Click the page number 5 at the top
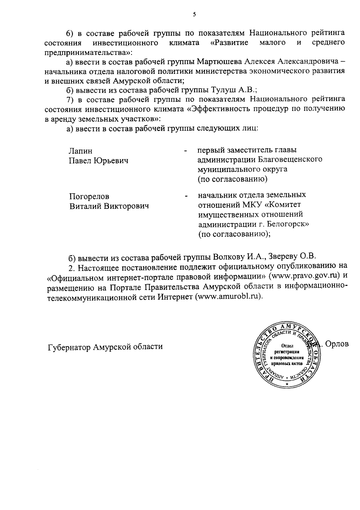[x=194, y=14]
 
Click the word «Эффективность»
[x=220, y=109]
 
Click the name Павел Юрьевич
[x=99, y=161]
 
